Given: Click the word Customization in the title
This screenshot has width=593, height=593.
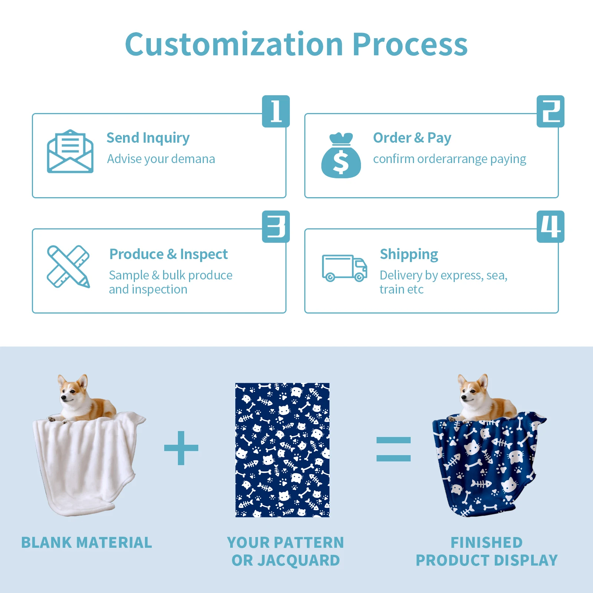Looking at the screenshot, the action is point(234,44).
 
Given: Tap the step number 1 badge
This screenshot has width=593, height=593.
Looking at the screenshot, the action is point(276,111).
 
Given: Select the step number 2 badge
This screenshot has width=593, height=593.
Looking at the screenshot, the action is point(550,111).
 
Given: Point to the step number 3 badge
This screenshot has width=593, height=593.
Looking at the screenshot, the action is point(276,226).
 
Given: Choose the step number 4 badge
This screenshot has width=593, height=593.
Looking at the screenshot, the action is point(550,226).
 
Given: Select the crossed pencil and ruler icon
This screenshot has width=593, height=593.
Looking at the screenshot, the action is point(69,266).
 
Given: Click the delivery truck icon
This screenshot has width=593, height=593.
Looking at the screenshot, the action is point(344,268).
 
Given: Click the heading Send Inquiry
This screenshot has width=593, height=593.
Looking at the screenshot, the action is point(148,138).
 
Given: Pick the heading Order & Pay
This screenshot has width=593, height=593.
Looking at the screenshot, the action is point(412,138).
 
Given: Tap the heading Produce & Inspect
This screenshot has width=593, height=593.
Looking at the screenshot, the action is point(169,254).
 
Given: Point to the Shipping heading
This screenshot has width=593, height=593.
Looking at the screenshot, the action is point(409,254).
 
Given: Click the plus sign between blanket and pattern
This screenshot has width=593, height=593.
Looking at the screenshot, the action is point(181,448).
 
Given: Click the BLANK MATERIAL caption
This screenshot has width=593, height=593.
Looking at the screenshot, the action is point(87,543).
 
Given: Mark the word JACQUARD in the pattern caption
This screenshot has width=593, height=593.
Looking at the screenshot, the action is point(298,560).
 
